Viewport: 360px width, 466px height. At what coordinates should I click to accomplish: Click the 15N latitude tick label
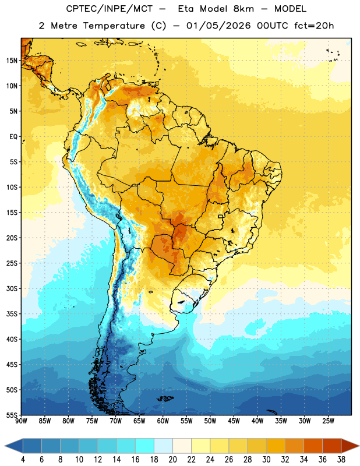click(x=12, y=61)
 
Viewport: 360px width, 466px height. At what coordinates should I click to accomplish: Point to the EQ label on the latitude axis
click(x=13, y=137)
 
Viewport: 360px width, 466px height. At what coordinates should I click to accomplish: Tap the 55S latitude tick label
click(x=12, y=415)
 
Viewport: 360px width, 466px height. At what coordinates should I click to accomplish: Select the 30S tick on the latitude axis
click(x=12, y=288)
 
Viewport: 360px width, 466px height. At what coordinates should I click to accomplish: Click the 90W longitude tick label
click(x=21, y=421)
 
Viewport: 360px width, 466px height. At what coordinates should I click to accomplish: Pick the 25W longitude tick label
click(x=328, y=421)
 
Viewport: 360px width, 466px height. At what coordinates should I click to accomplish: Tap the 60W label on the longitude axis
click(x=163, y=421)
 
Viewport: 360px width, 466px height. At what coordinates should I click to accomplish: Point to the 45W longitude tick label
click(x=234, y=421)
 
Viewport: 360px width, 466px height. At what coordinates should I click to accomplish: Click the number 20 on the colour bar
click(x=172, y=460)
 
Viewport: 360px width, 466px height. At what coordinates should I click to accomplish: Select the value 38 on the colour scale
click(x=341, y=460)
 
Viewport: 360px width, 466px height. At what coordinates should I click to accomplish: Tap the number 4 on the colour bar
click(x=23, y=460)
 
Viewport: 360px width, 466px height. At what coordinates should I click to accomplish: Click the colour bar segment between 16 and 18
click(x=145, y=446)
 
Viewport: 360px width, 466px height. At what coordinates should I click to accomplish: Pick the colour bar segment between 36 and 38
click(x=332, y=446)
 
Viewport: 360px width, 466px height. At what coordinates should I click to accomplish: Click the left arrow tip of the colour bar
click(x=5, y=446)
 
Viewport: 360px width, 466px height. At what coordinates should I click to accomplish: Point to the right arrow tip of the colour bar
click(x=359, y=446)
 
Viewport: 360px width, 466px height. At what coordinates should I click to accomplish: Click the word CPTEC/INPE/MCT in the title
click(x=109, y=9)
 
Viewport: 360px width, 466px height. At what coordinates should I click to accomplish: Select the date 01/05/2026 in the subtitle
click(x=218, y=26)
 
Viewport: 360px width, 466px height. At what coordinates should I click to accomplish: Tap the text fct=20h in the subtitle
click(x=314, y=26)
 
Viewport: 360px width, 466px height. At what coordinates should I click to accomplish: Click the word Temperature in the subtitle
click(x=114, y=26)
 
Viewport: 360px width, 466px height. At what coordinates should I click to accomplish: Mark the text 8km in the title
click(x=243, y=9)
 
